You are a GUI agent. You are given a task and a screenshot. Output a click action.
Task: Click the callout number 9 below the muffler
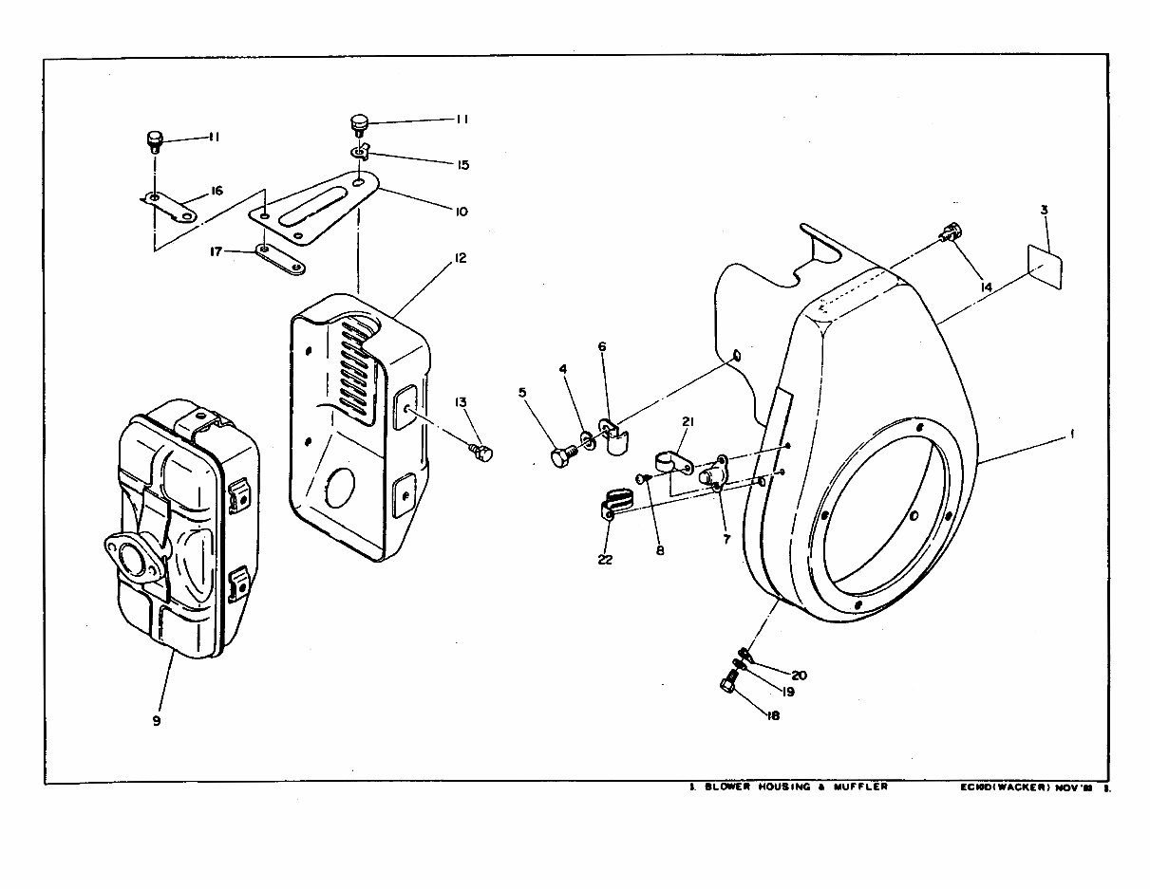[156, 720]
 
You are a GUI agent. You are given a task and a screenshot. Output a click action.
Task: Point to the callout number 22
[605, 560]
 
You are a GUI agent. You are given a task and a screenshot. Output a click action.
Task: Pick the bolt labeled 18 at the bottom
[729, 682]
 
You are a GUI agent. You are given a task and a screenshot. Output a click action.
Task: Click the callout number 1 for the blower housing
[1072, 434]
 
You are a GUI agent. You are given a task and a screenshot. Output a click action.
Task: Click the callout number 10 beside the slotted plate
[461, 212]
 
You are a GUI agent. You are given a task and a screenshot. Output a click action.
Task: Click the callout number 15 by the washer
[462, 164]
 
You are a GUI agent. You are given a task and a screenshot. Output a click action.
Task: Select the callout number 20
[799, 675]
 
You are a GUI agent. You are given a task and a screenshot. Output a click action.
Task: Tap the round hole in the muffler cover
[336, 488]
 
